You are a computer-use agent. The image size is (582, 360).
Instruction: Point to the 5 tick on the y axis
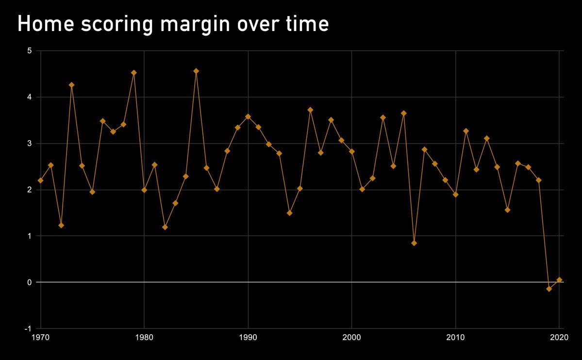[29, 50]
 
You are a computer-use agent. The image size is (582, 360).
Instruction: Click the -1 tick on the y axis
[28, 328]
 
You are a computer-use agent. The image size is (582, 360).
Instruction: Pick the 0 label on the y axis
[29, 282]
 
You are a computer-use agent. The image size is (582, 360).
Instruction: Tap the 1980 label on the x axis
[144, 337]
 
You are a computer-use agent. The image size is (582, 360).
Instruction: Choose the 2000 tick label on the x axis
[351, 337]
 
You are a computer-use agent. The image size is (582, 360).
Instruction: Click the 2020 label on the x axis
[559, 337]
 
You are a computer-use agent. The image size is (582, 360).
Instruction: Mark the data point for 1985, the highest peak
[196, 71]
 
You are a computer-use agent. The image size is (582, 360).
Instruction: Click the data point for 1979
[134, 73]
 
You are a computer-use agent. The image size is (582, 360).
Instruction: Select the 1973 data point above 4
[72, 85]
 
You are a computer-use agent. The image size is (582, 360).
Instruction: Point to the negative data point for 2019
[549, 289]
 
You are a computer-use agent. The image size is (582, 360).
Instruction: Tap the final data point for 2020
[559, 279]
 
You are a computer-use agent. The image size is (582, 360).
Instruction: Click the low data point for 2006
[414, 243]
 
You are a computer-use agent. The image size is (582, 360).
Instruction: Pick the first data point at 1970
[40, 180]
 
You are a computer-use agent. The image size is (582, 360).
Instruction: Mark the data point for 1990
[248, 116]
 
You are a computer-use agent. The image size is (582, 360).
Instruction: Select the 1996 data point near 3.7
[310, 110]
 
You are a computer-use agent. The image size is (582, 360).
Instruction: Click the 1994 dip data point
[289, 213]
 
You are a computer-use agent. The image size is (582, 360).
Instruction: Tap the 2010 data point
[455, 195]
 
